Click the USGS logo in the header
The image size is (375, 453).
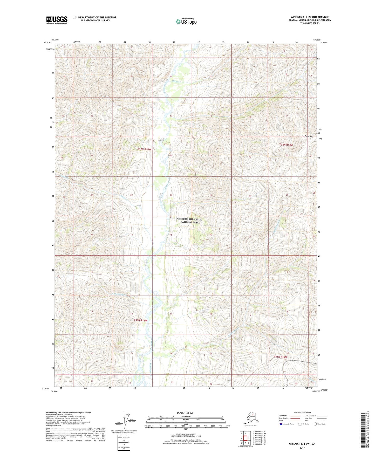(57, 20)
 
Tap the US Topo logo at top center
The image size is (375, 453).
(186, 21)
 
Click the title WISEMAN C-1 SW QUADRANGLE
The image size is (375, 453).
(310, 17)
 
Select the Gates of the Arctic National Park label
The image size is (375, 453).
(189, 221)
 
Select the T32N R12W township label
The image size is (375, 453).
(286, 145)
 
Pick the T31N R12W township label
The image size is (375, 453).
(281, 357)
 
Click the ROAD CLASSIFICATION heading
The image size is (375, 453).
(302, 412)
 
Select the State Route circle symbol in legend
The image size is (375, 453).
(315, 424)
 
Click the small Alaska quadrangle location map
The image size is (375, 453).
(250, 418)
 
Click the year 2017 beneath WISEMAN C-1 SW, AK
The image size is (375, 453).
(302, 448)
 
